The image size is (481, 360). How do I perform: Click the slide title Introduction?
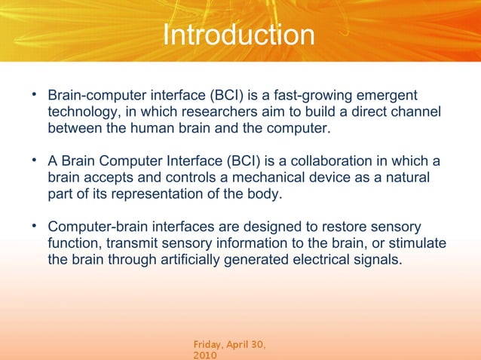pos(239,35)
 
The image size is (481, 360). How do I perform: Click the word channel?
pos(415,113)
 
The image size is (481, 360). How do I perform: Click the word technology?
pos(81,113)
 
